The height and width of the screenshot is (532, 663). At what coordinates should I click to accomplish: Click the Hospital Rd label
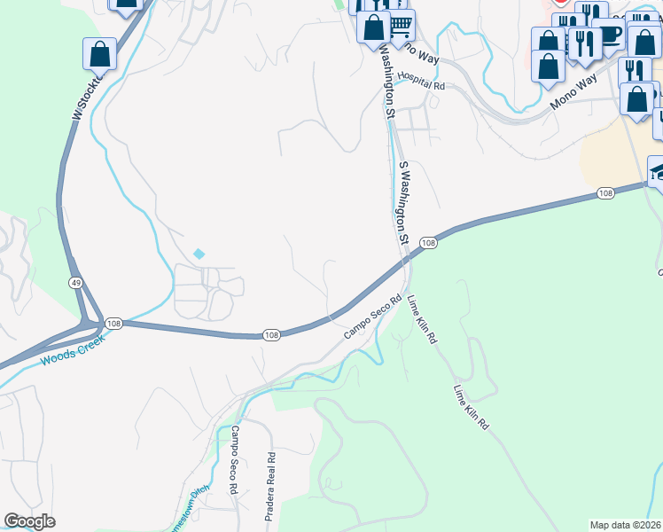pyautogui.click(x=420, y=80)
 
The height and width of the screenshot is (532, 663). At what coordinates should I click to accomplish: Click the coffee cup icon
pyautogui.click(x=609, y=35)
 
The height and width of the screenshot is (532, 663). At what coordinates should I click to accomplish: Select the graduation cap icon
pyautogui.click(x=658, y=171)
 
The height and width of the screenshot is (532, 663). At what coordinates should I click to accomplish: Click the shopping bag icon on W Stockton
pyautogui.click(x=99, y=54)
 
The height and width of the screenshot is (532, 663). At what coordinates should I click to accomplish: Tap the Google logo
pyautogui.click(x=30, y=521)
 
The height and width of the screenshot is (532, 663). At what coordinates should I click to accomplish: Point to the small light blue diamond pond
pyautogui.click(x=199, y=254)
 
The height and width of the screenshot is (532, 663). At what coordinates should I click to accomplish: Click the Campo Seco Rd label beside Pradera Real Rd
pyautogui.click(x=234, y=459)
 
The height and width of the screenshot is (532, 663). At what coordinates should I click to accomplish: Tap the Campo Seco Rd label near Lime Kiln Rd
pyautogui.click(x=373, y=317)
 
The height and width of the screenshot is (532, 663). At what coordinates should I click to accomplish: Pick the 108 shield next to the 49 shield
pyautogui.click(x=113, y=324)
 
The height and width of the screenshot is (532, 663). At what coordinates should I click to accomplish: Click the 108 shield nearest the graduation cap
pyautogui.click(x=605, y=193)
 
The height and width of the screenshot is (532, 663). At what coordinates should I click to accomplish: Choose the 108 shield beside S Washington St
pyautogui.click(x=428, y=243)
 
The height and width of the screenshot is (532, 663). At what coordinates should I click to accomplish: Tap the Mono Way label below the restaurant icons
pyautogui.click(x=573, y=92)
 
